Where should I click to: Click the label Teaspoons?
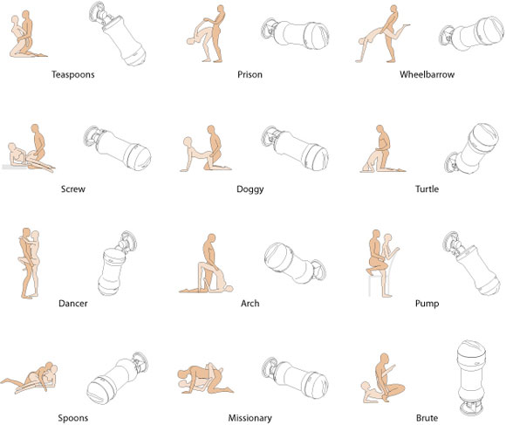(x=73, y=74)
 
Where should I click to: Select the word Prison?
(x=250, y=74)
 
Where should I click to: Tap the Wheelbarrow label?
(x=427, y=74)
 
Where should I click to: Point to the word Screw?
(x=73, y=189)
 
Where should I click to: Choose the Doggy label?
(x=250, y=189)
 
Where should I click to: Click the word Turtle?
(x=427, y=189)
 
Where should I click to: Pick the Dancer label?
(x=73, y=304)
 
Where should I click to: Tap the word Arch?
(x=250, y=304)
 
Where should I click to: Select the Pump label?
(x=427, y=304)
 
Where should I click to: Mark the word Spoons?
(x=73, y=418)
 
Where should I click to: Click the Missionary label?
(x=250, y=418)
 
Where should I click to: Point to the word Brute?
(x=427, y=418)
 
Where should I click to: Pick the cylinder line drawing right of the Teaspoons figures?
(x=118, y=34)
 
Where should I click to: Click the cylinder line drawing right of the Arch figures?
(x=295, y=263)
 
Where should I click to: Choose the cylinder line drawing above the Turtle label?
(x=472, y=148)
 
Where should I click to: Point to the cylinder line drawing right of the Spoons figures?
(x=118, y=378)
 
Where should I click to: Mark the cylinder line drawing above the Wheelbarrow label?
(x=471, y=34)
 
